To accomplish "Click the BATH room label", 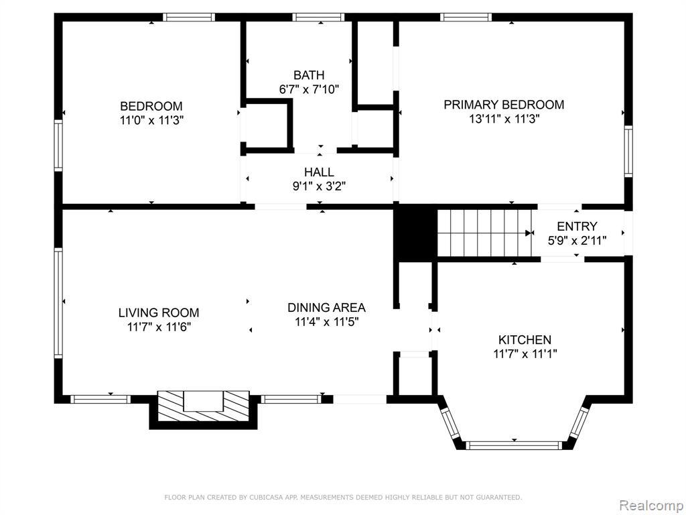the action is (x=309, y=75).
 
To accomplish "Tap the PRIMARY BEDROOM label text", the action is (x=504, y=105).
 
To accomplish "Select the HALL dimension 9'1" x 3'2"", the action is (x=320, y=186).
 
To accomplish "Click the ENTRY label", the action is (x=577, y=227).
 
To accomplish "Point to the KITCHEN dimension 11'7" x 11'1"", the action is (x=525, y=354).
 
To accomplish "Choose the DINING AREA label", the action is (x=326, y=307).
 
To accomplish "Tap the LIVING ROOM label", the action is (x=159, y=312).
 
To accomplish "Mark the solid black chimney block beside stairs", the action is (x=416, y=233).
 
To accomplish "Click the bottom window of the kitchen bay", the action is (x=514, y=445).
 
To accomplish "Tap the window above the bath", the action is (x=318, y=17).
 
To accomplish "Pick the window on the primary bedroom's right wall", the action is (x=628, y=151).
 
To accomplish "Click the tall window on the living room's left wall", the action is (x=58, y=303).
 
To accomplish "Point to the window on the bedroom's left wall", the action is (x=58, y=146).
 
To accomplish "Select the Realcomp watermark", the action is (x=651, y=506).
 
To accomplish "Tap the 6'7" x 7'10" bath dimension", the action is (x=310, y=90).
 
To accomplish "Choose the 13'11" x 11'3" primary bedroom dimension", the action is (x=504, y=119).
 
